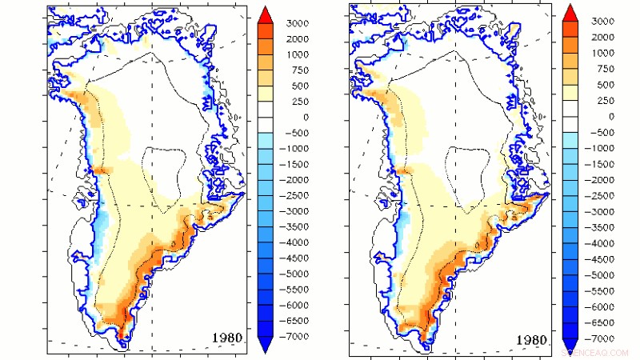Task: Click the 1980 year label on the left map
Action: coord(231,337)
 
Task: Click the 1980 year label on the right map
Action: coord(531,340)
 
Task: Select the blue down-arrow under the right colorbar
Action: coord(570,346)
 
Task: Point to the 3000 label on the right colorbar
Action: coord(602,22)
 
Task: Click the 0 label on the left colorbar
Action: coord(293,118)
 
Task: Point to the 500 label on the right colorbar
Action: coord(602,85)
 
